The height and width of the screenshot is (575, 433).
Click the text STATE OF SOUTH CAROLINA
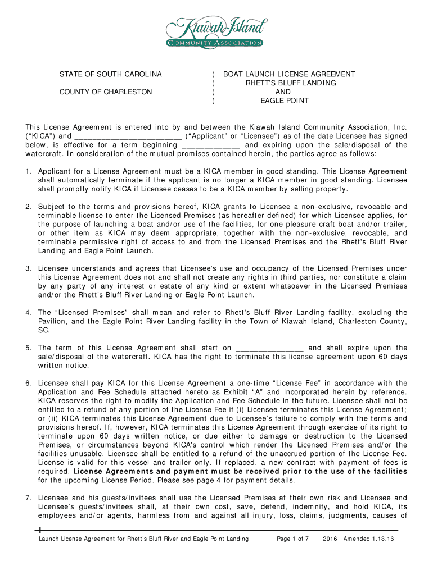[x=111, y=74]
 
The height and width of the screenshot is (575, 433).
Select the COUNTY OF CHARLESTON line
[x=106, y=92]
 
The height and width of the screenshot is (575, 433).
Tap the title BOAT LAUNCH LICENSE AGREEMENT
[x=289, y=74]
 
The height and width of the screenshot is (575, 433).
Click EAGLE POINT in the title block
[x=284, y=101]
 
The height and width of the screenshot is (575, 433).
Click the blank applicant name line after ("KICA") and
[x=128, y=136]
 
